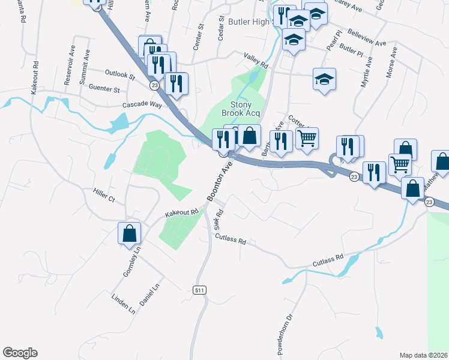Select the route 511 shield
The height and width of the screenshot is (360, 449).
click(x=200, y=290)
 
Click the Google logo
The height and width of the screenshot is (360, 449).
click(x=20, y=353)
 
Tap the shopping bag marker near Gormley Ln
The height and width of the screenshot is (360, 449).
click(x=129, y=234)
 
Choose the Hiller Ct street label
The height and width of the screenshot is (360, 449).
click(x=103, y=195)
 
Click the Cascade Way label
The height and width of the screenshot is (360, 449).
click(x=142, y=104)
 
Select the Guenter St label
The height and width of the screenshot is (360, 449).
click(x=104, y=89)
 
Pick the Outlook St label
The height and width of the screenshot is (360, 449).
click(x=119, y=74)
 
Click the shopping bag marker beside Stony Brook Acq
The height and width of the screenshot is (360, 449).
click(x=250, y=136)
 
